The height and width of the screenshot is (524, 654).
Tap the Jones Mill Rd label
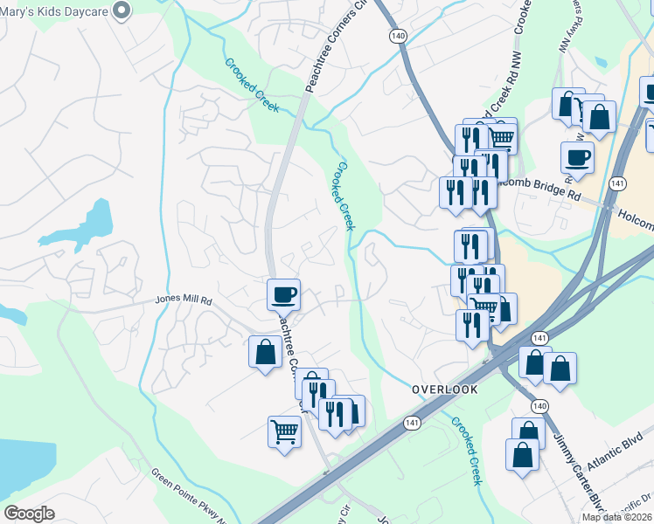pyautogui.click(x=184, y=299)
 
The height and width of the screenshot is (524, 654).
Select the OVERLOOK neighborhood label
pyautogui.click(x=445, y=390)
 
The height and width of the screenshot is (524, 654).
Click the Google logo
pyautogui.click(x=28, y=514)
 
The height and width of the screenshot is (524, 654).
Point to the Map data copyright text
pyautogui.click(x=616, y=517)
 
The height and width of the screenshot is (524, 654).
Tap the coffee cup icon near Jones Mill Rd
pyautogui.click(x=282, y=294)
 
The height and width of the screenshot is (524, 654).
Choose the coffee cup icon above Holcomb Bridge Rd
pyautogui.click(x=577, y=157)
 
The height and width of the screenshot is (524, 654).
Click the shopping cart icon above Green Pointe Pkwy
pyautogui.click(x=284, y=431)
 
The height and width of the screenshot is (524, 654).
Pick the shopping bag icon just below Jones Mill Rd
pyautogui.click(x=265, y=353)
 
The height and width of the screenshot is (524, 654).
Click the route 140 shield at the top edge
pyautogui.click(x=399, y=36)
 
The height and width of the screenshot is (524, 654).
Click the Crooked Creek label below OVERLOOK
pyautogui.click(x=467, y=450)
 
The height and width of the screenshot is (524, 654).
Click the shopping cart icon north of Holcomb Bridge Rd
pyautogui.click(x=501, y=136)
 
